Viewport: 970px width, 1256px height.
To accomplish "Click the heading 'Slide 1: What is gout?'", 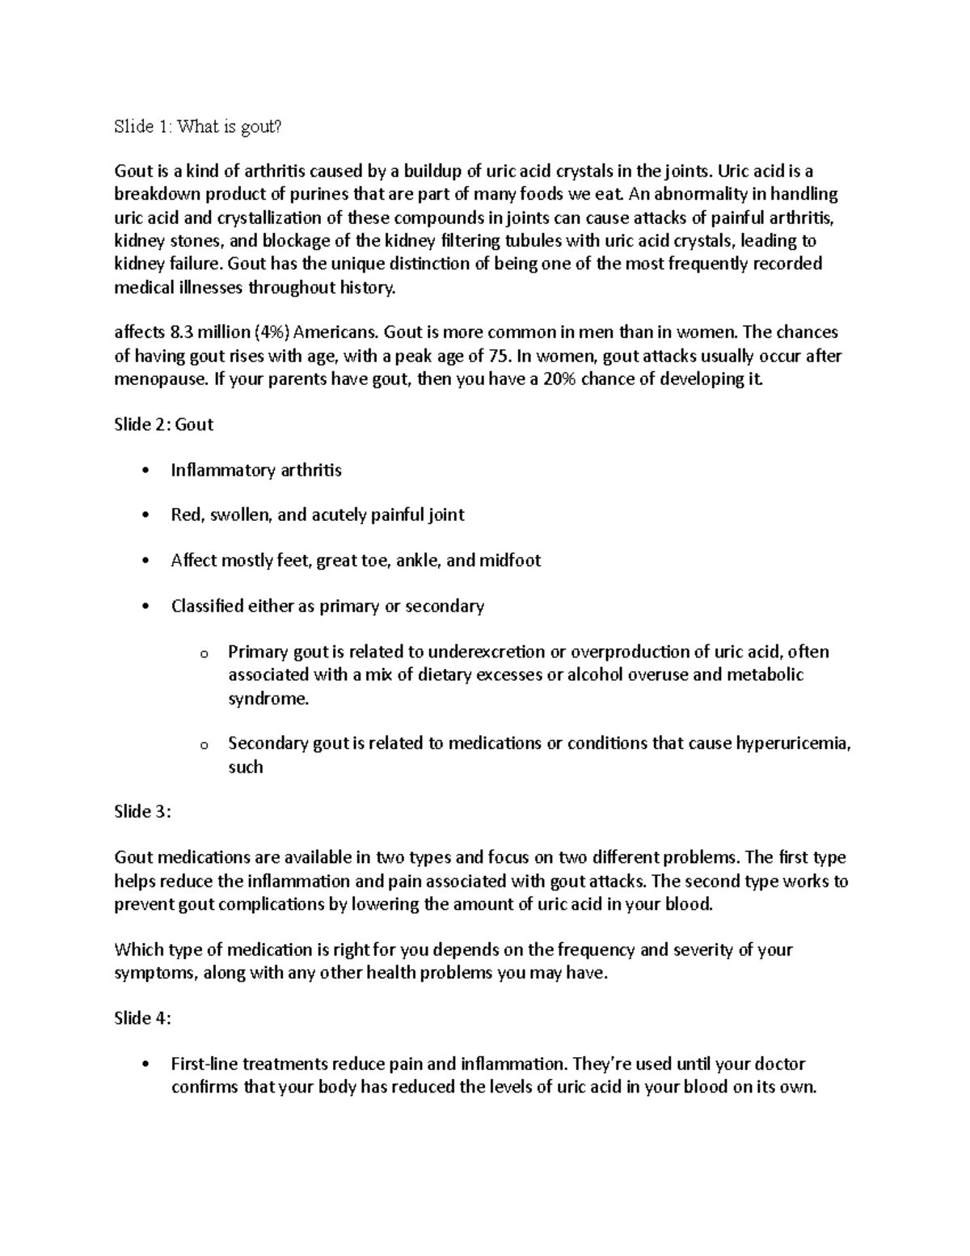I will point(200,126).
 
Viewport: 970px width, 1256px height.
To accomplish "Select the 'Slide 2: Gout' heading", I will point(164,425).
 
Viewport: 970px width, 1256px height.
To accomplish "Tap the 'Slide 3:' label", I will point(143,812).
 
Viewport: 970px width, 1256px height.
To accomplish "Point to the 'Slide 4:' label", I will point(143,1019).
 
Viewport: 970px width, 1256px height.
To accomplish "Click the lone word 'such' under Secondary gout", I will point(246,767).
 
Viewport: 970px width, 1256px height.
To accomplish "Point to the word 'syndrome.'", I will point(268,699).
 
